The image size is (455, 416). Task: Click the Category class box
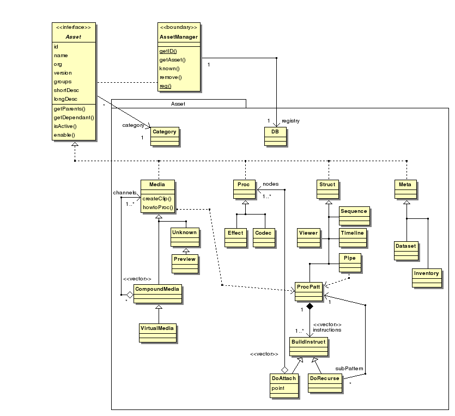click(x=164, y=136)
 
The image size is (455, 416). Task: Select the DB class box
click(x=275, y=136)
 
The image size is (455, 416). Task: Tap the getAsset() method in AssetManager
click(x=172, y=60)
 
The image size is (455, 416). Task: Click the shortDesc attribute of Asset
click(x=65, y=90)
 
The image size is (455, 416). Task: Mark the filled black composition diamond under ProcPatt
click(x=310, y=307)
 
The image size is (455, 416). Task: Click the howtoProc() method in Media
click(x=158, y=207)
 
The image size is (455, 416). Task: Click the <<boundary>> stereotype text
click(x=178, y=28)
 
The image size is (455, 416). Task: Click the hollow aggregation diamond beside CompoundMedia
click(x=130, y=295)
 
